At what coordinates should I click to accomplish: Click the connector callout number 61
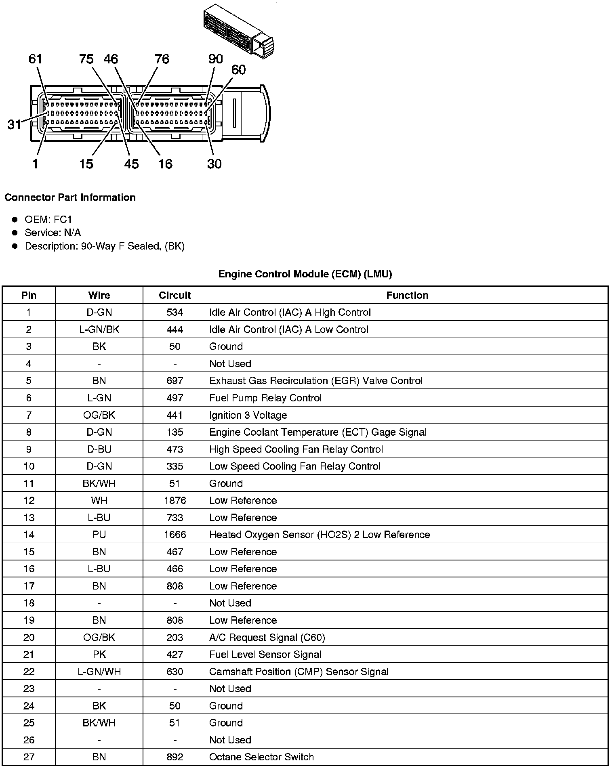(35, 59)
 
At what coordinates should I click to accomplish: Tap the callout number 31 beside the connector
(14, 124)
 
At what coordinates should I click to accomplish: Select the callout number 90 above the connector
(215, 59)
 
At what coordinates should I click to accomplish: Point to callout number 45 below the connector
(131, 164)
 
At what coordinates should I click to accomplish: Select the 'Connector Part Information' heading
(70, 197)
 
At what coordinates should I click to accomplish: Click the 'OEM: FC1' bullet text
(48, 219)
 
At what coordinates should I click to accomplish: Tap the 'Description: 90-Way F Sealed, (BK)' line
(105, 246)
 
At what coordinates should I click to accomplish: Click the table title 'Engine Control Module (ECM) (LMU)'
(305, 274)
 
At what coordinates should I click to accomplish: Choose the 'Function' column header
(407, 295)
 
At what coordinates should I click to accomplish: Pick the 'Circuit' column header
(175, 295)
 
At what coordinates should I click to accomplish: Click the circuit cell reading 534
(175, 313)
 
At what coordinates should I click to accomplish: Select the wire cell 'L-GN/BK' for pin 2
(99, 329)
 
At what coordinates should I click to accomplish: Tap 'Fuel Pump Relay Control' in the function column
(265, 398)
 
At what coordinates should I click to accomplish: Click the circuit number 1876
(175, 501)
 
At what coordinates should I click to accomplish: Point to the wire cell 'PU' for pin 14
(99, 535)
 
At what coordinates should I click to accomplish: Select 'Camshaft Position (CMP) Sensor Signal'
(299, 672)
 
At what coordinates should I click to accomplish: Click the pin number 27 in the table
(29, 757)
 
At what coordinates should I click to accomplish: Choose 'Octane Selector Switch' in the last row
(261, 757)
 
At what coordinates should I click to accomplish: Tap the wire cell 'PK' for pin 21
(99, 655)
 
